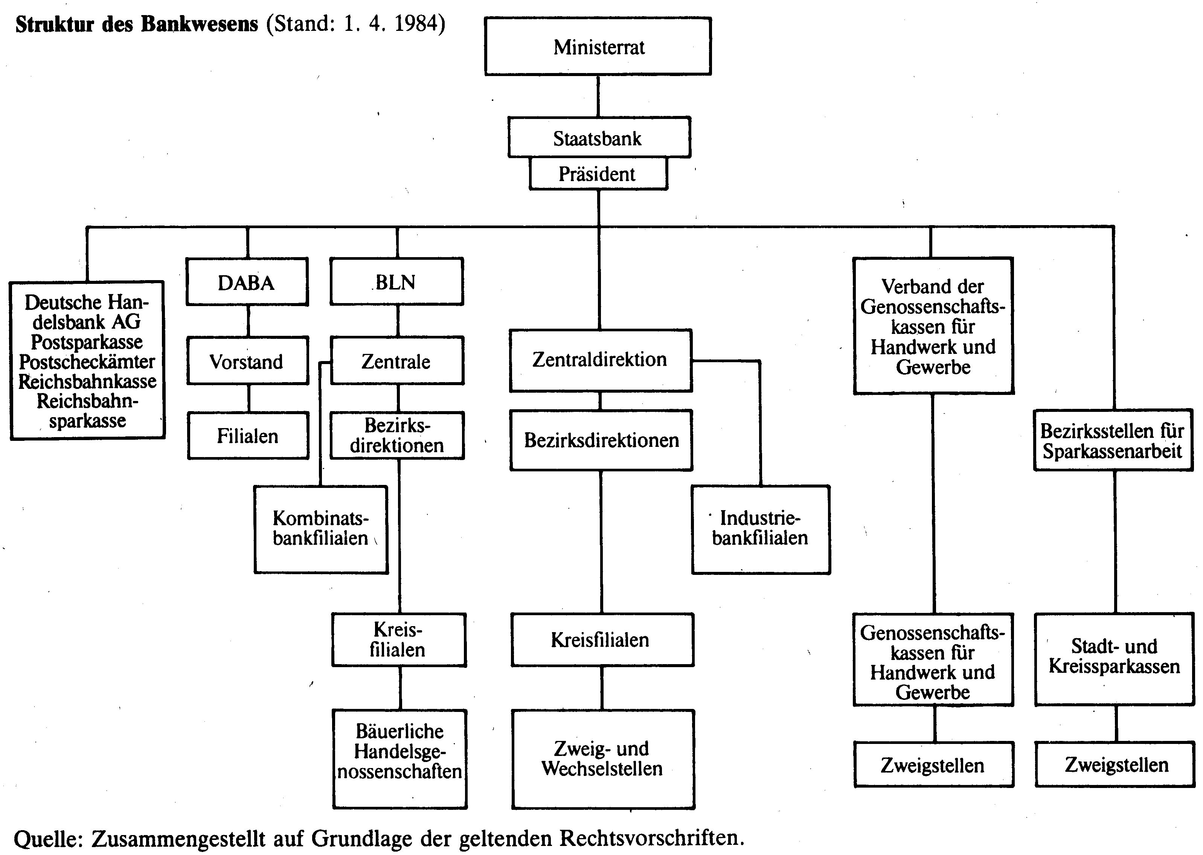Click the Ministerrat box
point(598,46)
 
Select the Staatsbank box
point(599,137)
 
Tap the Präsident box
point(598,173)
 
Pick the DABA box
point(247,282)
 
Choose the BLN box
point(396,281)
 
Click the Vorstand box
point(247,361)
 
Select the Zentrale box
point(397,361)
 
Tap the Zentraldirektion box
point(601,361)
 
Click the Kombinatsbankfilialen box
point(321,529)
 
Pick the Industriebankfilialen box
point(761,529)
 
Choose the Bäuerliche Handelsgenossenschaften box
point(399,759)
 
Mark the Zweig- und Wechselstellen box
point(603,759)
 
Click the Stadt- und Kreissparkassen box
point(1115,658)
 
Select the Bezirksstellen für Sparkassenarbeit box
point(1113,440)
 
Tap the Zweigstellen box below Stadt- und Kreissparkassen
point(1115,764)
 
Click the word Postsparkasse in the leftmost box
point(87,342)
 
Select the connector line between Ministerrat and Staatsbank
point(598,96)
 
